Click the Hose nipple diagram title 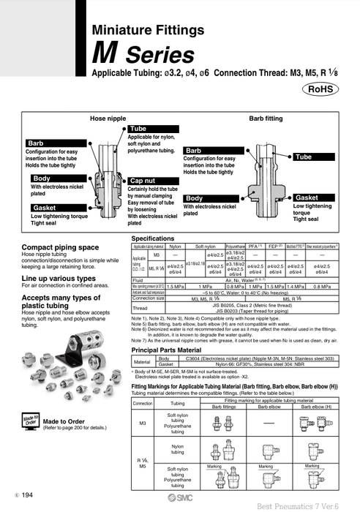pos(108,117)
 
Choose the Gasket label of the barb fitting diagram pos(307,198)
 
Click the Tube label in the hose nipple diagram pos(138,129)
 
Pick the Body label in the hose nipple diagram pos(42,178)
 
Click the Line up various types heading pos(59,279)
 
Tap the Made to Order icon pos(29,422)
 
